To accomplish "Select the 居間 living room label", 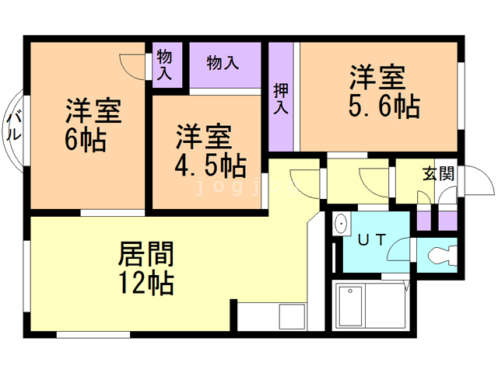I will pos(146,253).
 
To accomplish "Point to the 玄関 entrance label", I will pos(437,173).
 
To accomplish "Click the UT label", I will pos(371,240).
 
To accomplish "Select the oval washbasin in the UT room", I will pos(342,225).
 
